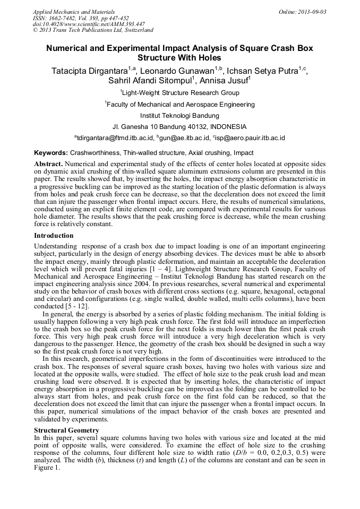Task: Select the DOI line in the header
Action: point(89,24)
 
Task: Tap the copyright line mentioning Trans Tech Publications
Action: point(93,30)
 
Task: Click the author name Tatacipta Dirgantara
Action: point(88,71)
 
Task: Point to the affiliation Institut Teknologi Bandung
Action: point(179,115)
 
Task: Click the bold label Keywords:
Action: point(51,152)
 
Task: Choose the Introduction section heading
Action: point(54,235)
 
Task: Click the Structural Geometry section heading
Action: point(66,429)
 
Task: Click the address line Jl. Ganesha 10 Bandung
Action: point(179,127)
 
